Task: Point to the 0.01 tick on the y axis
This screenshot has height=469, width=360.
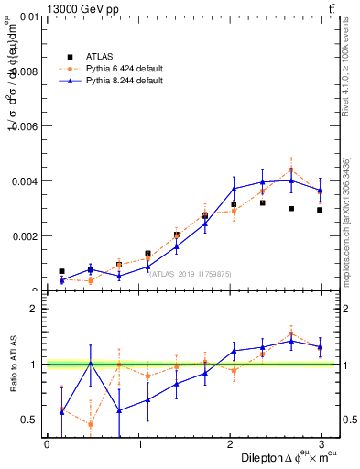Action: (x=28, y=16)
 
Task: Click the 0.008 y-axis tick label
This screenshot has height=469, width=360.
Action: (x=24, y=71)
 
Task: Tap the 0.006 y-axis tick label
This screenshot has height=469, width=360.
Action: (x=24, y=126)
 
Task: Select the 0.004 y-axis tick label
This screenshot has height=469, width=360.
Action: (x=24, y=181)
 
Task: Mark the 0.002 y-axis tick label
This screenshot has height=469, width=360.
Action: (x=24, y=236)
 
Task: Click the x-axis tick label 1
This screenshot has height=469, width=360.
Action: (x=138, y=444)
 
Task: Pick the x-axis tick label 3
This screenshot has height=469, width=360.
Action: (x=322, y=444)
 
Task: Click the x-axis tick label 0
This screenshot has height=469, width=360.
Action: (x=47, y=444)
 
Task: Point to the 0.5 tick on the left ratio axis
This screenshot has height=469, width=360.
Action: (x=30, y=420)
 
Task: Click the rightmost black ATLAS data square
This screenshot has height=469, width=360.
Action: (x=320, y=210)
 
